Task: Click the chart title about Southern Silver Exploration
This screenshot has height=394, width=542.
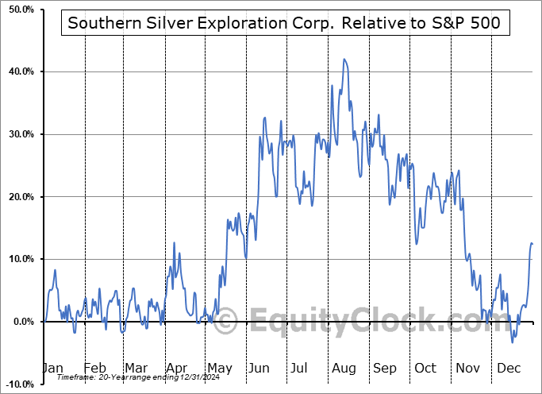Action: coord(284,23)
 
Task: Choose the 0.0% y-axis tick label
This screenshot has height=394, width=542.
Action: coord(21,322)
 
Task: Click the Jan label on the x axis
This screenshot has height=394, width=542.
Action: coord(52,368)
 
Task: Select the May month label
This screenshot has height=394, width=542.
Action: coord(219,368)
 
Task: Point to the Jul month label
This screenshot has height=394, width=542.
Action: coord(300,368)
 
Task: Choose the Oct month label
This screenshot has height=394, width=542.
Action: coord(425,368)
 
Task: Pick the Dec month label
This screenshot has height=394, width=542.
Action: coord(509,368)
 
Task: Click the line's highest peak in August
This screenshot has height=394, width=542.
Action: coord(344,59)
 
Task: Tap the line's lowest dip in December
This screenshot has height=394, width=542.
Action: coord(513,342)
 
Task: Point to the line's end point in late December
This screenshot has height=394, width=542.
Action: coord(532,244)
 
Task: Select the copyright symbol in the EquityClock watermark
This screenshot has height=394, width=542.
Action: coord(226,321)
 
